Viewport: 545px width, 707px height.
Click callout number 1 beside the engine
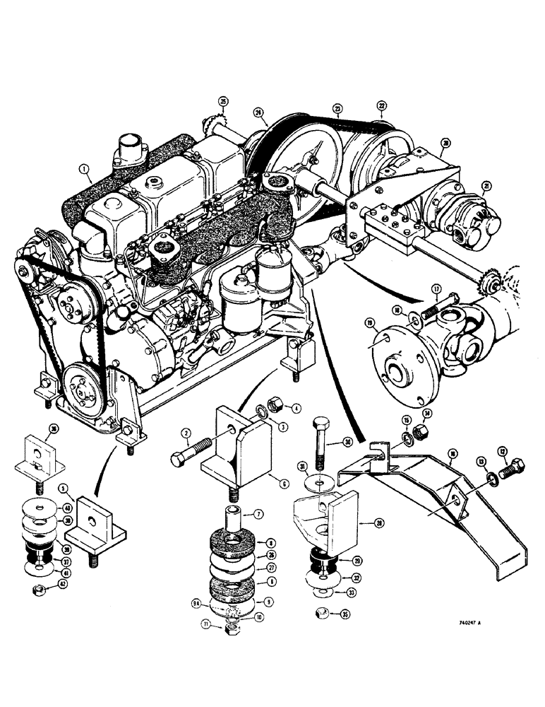(85, 169)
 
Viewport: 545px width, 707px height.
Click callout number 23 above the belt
(337, 109)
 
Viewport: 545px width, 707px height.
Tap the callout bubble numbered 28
(381, 522)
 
